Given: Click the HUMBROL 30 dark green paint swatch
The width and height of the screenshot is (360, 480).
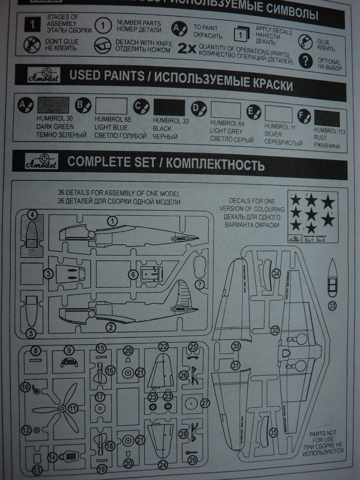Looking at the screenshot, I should [x=52, y=106].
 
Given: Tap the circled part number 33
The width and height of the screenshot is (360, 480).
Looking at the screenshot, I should [x=332, y=306].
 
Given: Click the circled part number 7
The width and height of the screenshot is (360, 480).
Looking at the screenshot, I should [x=200, y=284].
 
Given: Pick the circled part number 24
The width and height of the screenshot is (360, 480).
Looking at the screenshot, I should [x=163, y=465].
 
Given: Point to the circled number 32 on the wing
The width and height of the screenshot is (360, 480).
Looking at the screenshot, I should [x=275, y=330].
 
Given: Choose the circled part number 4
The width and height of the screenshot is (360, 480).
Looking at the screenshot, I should [x=32, y=215].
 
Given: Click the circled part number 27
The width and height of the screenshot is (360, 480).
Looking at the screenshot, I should [x=205, y=403].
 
